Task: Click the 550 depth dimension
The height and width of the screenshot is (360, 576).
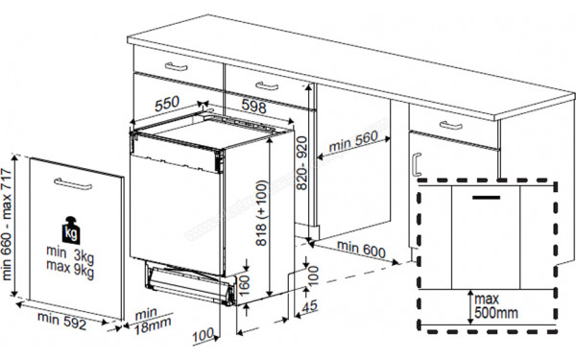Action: (x=166, y=102)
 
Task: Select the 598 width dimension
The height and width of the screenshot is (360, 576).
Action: (x=253, y=105)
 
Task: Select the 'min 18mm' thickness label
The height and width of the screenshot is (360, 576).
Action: (x=146, y=320)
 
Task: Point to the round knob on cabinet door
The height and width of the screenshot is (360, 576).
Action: (x=415, y=159)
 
